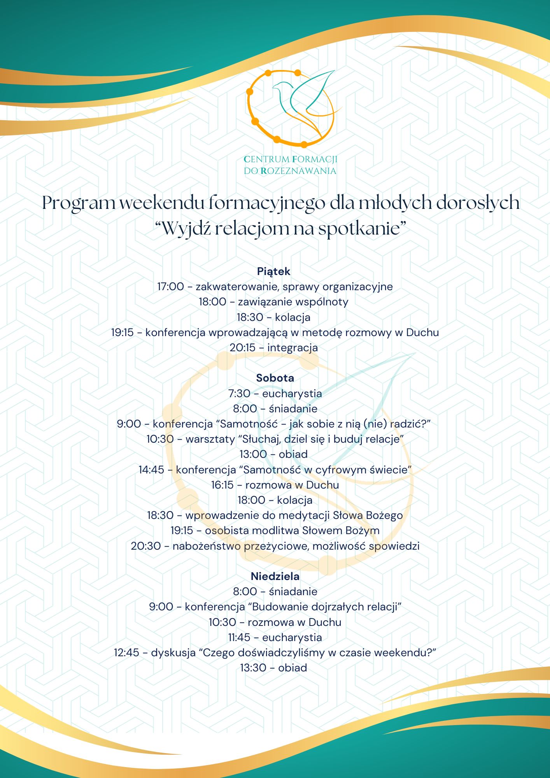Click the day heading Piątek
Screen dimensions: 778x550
[273, 272]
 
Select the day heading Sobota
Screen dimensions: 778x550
[275, 378]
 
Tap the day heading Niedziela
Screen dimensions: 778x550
[275, 576]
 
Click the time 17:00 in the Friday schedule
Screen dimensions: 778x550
[170, 287]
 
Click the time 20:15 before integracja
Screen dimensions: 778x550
[242, 348]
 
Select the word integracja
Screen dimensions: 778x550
[293, 348]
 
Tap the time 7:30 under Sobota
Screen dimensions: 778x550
[239, 394]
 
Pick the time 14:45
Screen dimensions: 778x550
[151, 470]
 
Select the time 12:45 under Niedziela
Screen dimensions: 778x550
[126, 653]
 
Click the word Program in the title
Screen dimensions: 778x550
[79, 203]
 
